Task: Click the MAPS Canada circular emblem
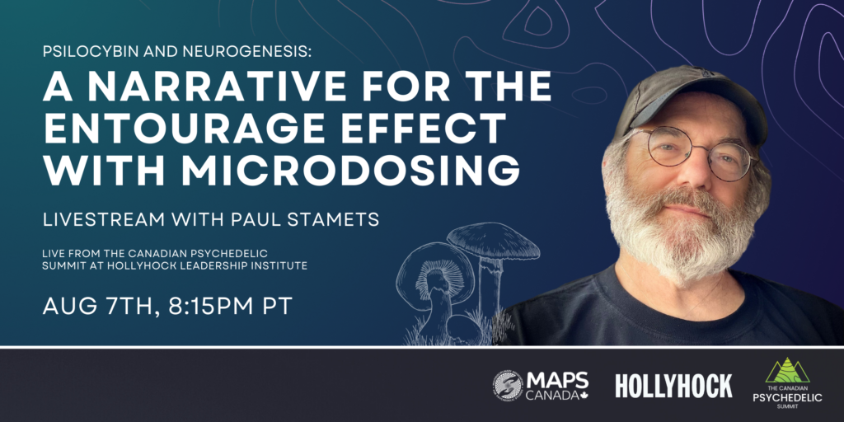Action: tap(507, 386)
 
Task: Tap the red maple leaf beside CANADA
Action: tap(584, 394)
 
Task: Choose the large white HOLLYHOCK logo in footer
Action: tap(674, 386)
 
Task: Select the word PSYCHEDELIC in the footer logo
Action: tap(787, 398)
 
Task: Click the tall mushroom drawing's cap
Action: tap(493, 241)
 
